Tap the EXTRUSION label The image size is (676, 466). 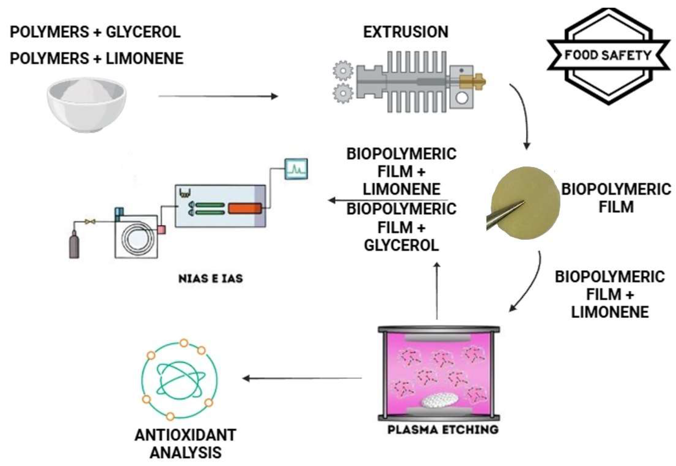[x=405, y=32]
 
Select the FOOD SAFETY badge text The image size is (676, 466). [x=608, y=55]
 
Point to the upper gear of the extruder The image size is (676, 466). [x=343, y=70]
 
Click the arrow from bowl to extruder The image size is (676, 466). [x=218, y=96]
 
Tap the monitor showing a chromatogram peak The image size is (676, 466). [x=296, y=169]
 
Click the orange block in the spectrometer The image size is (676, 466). [x=245, y=208]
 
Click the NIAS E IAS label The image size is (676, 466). [x=210, y=279]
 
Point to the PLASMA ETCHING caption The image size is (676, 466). [x=443, y=429]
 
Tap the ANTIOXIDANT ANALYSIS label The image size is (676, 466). [x=185, y=444]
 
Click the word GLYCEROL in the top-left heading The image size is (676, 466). [x=143, y=32]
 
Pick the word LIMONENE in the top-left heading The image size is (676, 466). [x=145, y=59]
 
